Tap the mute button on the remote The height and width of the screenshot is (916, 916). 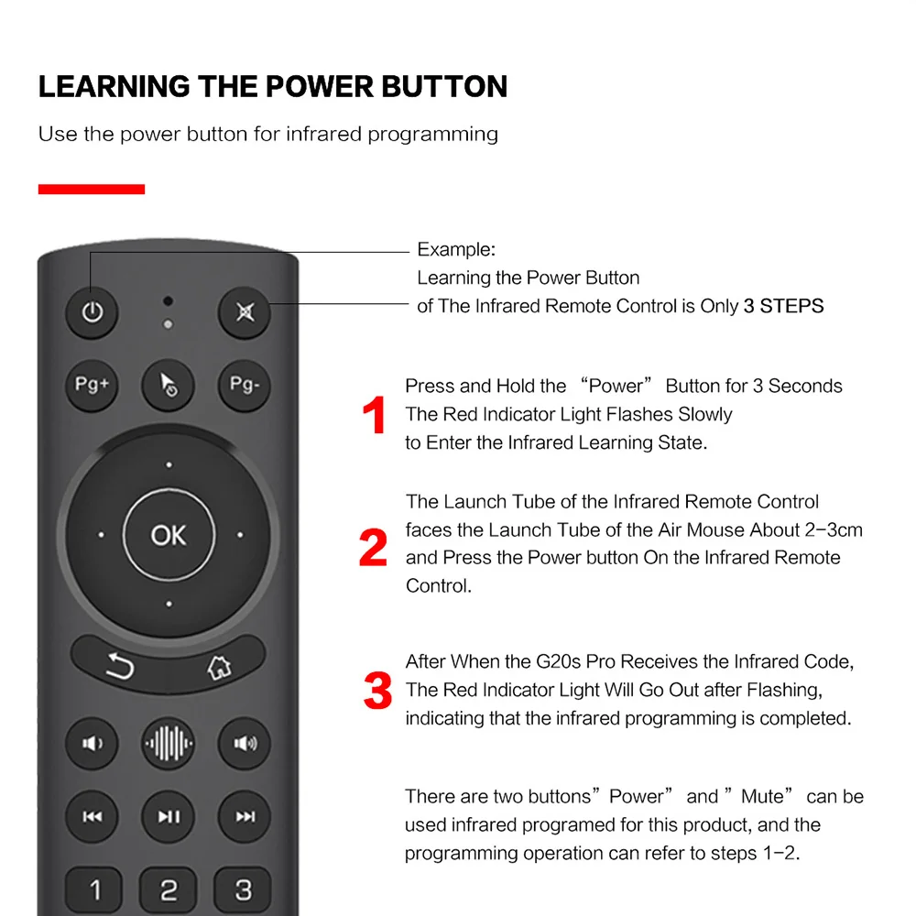pos(245,313)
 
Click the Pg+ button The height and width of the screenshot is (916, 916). pos(92,385)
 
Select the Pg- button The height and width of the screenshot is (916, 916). pos(245,385)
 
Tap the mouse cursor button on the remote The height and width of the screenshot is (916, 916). pos(169,385)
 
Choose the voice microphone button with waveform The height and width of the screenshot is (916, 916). pos(169,743)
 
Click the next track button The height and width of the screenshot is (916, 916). pos(245,816)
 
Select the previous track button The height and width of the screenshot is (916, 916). pos(92,816)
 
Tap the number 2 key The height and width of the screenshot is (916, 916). pos(169,889)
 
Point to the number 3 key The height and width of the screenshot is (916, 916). pos(243,889)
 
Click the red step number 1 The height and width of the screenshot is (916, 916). pos(375,416)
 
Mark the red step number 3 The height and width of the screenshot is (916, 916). pos(377,691)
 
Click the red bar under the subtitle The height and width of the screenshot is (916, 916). pos(92,190)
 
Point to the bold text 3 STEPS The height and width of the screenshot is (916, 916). pos(783,306)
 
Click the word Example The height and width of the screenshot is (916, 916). pos(455,249)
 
